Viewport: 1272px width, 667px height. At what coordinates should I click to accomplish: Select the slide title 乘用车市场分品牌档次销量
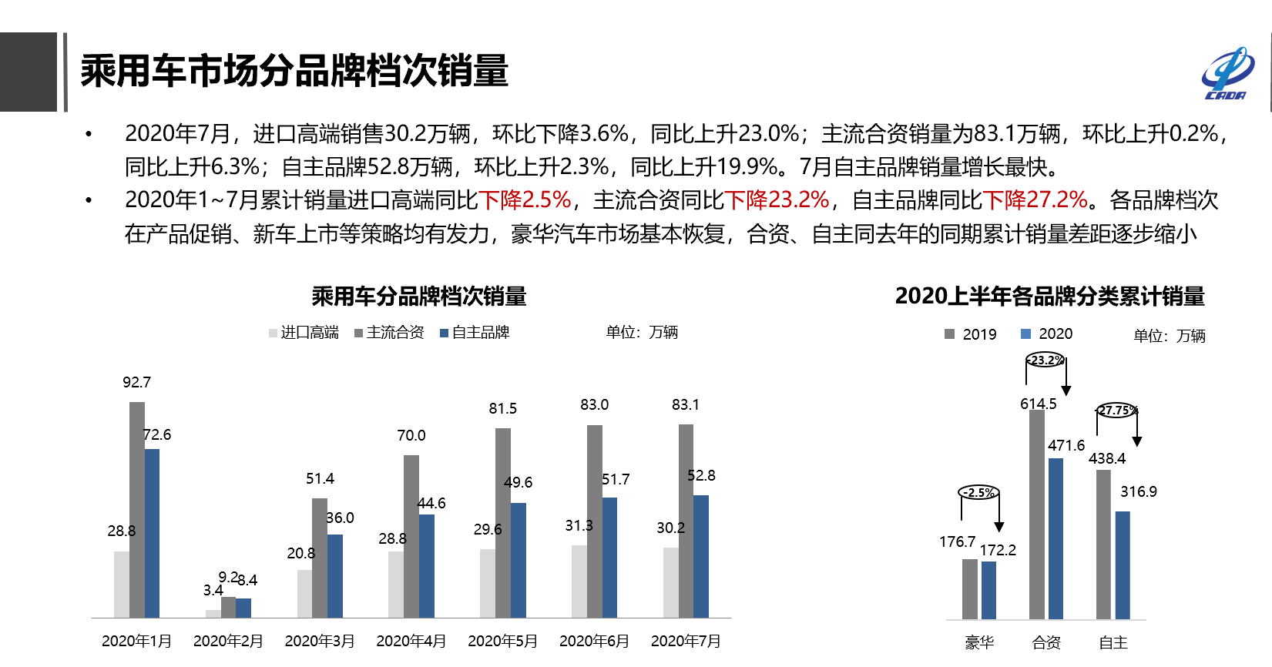[294, 71]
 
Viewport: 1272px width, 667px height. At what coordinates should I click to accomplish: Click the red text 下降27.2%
[1035, 200]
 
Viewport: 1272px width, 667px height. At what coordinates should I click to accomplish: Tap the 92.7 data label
[136, 383]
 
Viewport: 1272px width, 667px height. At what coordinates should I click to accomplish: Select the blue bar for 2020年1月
[152, 533]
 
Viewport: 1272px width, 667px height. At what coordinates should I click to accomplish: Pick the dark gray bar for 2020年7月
[686, 521]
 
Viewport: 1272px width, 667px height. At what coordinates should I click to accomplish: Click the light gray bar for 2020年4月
[396, 584]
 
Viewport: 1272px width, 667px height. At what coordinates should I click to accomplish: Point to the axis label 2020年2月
[228, 641]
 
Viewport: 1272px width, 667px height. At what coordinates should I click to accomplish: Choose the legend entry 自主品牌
[475, 333]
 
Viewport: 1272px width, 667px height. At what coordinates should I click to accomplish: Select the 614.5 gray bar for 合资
[1037, 514]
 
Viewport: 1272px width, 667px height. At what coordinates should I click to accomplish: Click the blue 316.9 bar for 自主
[1123, 565]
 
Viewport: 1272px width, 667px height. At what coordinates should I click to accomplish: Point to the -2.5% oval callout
[978, 492]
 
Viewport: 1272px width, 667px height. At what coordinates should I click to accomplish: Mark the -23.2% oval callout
[1045, 360]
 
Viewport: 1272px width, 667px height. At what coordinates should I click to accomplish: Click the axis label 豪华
[979, 642]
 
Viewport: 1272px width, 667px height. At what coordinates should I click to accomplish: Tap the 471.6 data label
[1066, 445]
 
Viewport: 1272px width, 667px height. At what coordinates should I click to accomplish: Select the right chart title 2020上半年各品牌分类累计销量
[1049, 297]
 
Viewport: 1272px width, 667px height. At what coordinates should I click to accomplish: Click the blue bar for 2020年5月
[519, 560]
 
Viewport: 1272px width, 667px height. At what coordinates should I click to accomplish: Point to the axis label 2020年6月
[594, 641]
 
